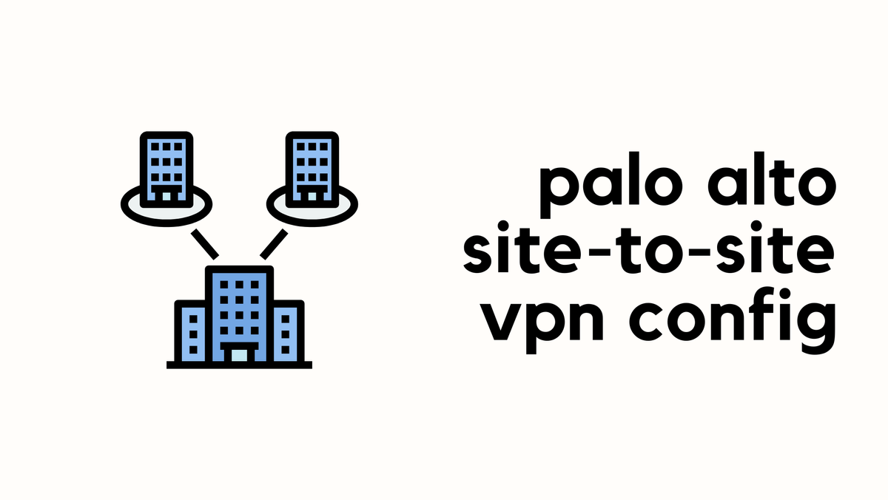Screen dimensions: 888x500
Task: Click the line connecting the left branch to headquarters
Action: coord(205,243)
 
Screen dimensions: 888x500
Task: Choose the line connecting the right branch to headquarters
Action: coord(274,243)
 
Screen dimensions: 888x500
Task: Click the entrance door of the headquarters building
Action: coord(239,354)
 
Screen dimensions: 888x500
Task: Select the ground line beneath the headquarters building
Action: coord(239,365)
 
